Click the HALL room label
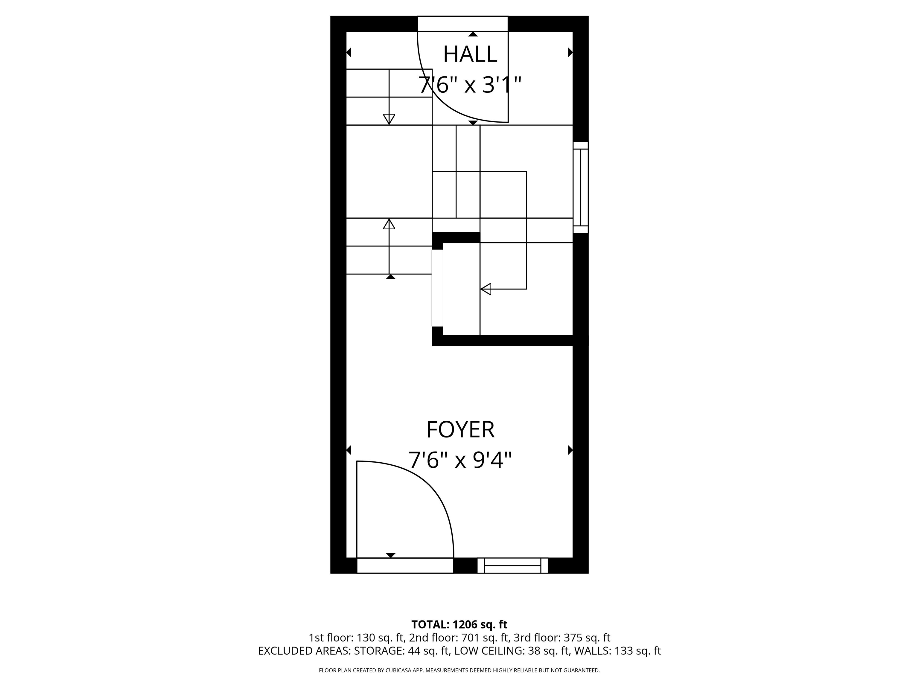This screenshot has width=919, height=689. (x=470, y=54)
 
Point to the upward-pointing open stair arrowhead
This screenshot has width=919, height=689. (x=389, y=224)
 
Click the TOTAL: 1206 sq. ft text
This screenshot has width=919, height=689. (x=459, y=625)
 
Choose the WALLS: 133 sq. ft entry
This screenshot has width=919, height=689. (x=617, y=651)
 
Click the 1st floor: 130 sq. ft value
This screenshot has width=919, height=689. (x=356, y=638)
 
